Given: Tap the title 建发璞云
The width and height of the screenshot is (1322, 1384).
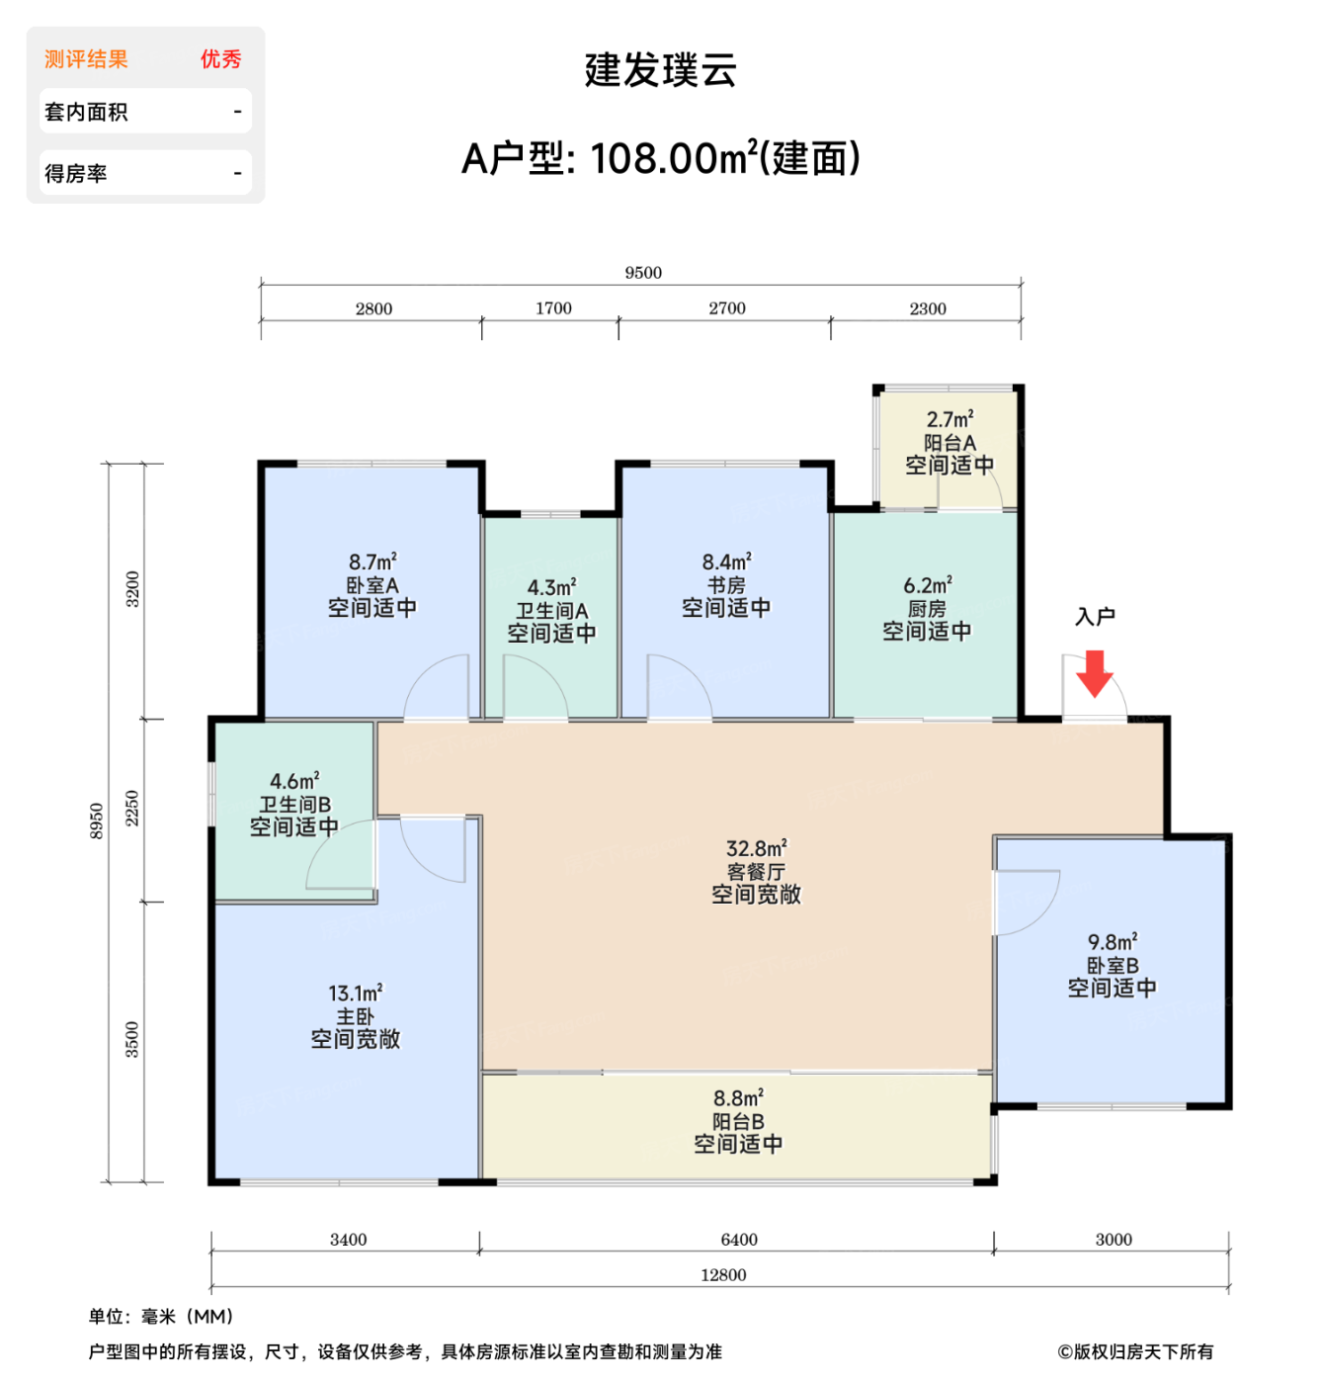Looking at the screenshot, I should click(x=660, y=70).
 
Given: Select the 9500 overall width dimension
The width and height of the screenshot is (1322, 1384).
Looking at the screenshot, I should click(x=642, y=273).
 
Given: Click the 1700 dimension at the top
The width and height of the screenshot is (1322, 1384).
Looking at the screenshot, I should click(x=553, y=308).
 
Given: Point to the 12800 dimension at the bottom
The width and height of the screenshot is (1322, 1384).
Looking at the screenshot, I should click(x=722, y=1275).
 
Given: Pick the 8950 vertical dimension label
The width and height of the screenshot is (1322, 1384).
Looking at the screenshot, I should click(x=97, y=822).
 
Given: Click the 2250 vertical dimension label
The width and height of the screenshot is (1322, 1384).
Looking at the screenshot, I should click(x=132, y=809).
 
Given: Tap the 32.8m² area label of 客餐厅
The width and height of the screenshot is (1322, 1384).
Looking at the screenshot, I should click(x=756, y=849).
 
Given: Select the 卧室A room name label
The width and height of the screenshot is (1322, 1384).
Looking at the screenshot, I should click(x=372, y=585).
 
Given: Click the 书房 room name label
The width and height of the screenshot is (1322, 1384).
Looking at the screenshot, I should click(x=726, y=585).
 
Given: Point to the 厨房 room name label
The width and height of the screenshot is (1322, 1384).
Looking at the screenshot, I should click(x=927, y=609).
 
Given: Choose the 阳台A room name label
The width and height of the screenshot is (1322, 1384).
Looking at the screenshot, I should click(x=950, y=443).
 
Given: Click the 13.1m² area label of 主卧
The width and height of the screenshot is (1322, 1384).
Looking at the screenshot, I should click(x=355, y=994).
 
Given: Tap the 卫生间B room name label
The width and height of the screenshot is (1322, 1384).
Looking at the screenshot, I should click(x=294, y=805).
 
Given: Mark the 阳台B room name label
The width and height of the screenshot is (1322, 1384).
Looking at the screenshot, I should click(x=738, y=1122).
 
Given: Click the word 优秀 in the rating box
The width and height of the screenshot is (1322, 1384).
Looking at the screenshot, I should click(x=220, y=59).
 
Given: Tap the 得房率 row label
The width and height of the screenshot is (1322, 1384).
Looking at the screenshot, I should click(x=76, y=174).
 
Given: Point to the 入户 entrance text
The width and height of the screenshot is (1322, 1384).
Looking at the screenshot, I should click(x=1095, y=617).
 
